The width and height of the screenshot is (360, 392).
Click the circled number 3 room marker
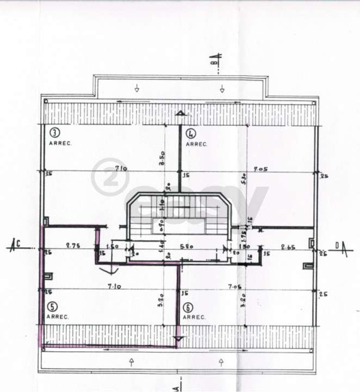[x=54, y=132]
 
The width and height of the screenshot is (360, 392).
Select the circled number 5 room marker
[x=52, y=306]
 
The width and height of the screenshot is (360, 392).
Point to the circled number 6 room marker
[x=188, y=307]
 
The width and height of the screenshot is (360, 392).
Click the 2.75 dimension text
[x=73, y=246]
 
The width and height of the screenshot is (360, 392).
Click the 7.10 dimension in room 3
[x=121, y=169]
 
